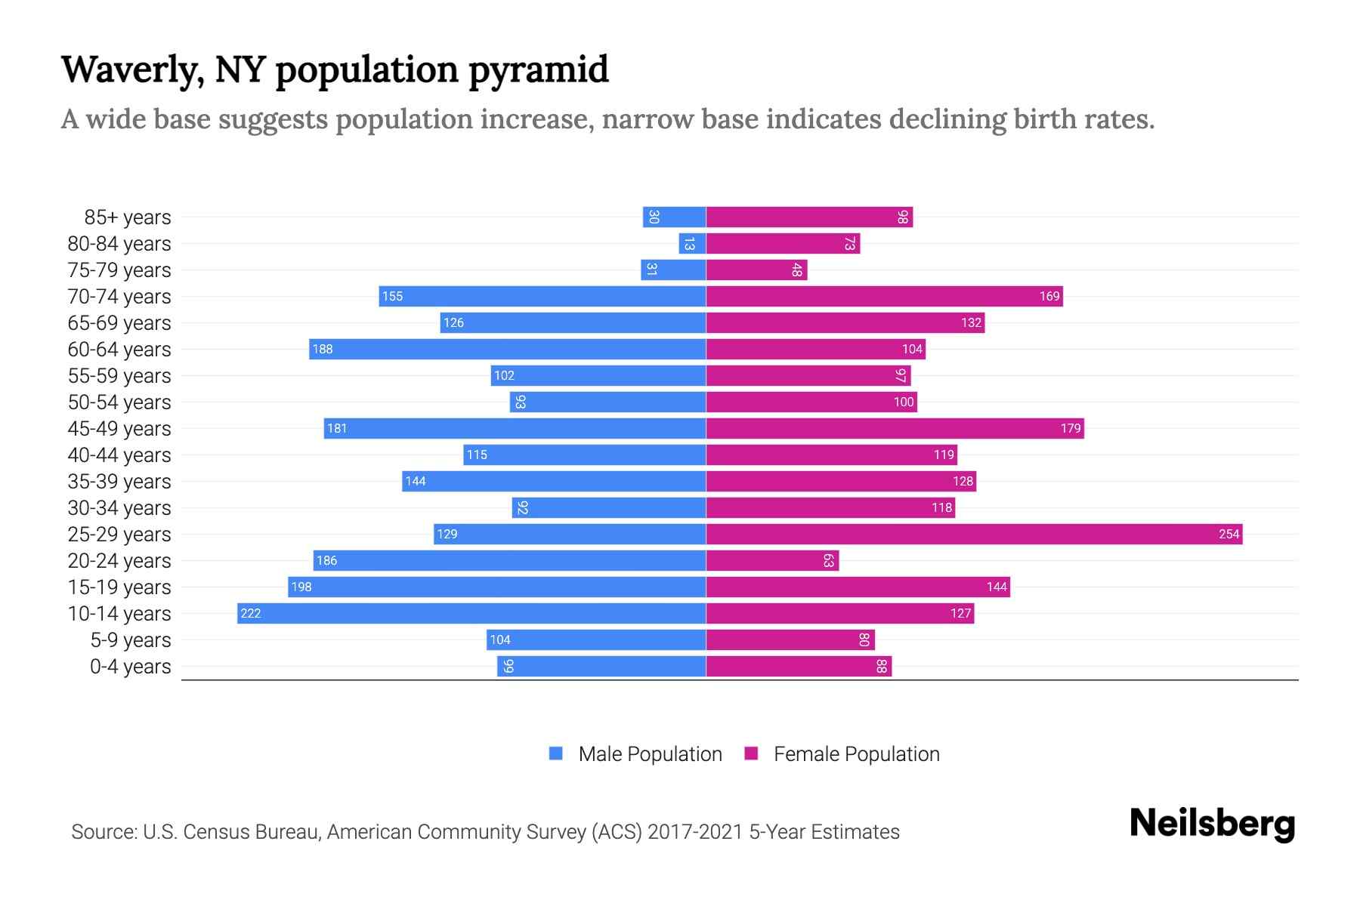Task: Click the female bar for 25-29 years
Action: [x=974, y=535]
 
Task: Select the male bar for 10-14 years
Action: [x=471, y=614]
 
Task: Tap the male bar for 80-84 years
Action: [x=692, y=244]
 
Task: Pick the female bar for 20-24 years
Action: [x=772, y=561]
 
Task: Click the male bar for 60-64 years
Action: [x=507, y=350]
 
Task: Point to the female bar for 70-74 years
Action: [x=884, y=297]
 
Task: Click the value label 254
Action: [x=1229, y=535]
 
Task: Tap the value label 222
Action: [x=251, y=614]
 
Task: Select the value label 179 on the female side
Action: [x=1071, y=429]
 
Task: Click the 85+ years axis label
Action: [x=127, y=217]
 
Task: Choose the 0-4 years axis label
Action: [x=130, y=667]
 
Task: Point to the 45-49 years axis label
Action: [x=119, y=429]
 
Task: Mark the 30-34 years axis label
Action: [x=119, y=508]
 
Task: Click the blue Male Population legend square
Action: [x=556, y=753]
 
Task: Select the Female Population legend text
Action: [x=856, y=754]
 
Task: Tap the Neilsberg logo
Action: [x=1212, y=824]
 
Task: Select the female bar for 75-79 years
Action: [x=756, y=270]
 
